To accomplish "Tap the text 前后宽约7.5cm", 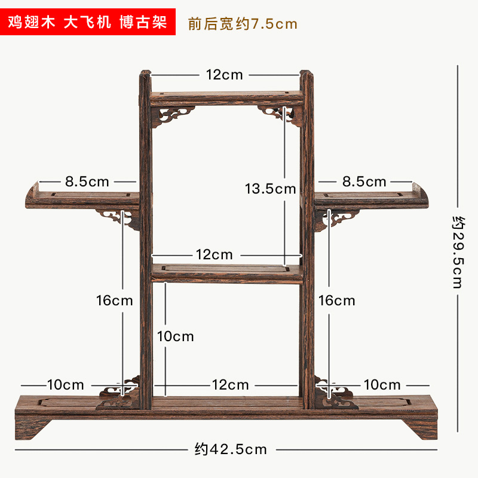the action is (242, 24).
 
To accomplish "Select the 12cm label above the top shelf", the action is (225, 75).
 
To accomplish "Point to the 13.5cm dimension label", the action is (271, 189).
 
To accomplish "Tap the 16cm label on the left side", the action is (115, 300).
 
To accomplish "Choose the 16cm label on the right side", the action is (337, 300).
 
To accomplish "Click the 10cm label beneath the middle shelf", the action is (176, 336).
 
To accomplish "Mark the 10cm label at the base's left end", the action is (66, 385).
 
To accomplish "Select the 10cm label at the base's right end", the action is (382, 385).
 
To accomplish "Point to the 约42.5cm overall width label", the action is (231, 449).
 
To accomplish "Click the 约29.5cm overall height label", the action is (458, 252).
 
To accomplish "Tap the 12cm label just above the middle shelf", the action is (215, 255).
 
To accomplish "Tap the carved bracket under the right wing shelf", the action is (332, 218).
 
